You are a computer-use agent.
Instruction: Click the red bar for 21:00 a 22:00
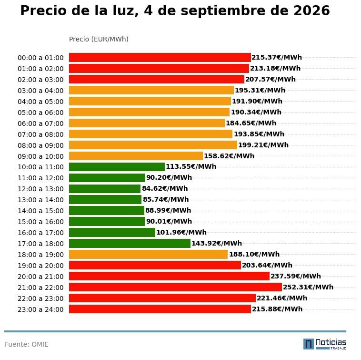coord(175,287)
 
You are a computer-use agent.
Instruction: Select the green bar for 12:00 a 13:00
coord(105,189)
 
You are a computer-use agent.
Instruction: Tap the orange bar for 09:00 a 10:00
coord(136,156)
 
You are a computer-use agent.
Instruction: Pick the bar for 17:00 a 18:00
coord(130,243)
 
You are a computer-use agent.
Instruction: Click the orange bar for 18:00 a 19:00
coord(148,255)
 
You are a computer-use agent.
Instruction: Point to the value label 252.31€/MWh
coord(308,287)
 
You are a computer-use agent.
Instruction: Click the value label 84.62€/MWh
coord(165,188)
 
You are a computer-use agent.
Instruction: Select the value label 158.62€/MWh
coord(229,156)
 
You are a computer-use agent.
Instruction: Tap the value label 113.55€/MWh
coord(191,166)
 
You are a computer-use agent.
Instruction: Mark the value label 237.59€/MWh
coord(296,276)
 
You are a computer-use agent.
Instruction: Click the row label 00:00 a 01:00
coord(40,58)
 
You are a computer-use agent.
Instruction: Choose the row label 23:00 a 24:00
coord(40,309)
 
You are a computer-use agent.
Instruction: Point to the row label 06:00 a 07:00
coord(40,123)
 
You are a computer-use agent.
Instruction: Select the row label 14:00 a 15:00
coord(40,211)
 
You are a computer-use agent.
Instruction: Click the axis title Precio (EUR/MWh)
coord(99,39)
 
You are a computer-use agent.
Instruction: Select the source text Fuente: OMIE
coord(27,344)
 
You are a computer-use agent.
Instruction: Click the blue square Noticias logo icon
coord(309,344)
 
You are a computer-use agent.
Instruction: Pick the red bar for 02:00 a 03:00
coord(157,79)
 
